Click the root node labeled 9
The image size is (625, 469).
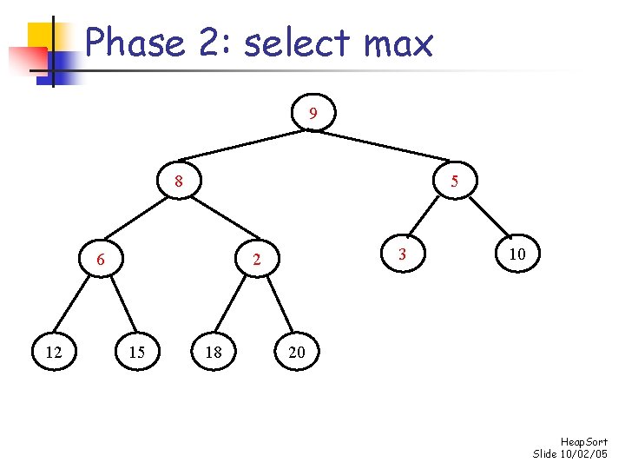[313, 114]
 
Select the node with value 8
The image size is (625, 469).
[178, 182]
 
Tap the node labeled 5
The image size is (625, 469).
[454, 182]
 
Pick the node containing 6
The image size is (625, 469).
[101, 260]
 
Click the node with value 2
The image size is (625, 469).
[256, 260]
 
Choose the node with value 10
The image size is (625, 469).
[517, 254]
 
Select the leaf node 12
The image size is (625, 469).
[53, 352]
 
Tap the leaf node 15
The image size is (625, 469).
[136, 352]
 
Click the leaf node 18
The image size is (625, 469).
[214, 352]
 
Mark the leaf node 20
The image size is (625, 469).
[297, 352]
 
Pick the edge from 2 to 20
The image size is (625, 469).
[277, 306]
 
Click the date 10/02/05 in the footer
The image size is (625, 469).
[584, 454]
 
